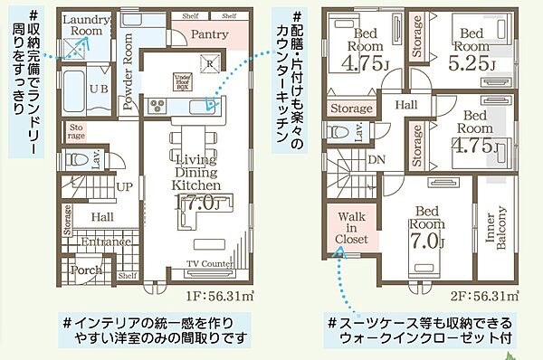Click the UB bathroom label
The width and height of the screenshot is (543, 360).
[100, 89]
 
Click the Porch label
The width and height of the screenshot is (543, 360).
[87, 270]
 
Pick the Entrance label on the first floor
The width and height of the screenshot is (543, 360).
[104, 242]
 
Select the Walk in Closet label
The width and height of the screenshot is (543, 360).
[352, 231]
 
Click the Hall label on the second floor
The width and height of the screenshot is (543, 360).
[405, 104]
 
